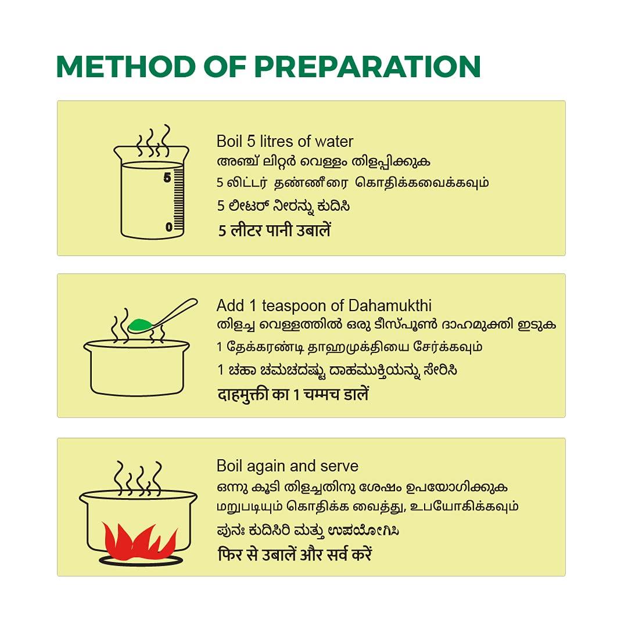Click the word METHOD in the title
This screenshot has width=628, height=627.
coord(125,66)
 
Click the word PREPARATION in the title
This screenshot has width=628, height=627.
coord(367,66)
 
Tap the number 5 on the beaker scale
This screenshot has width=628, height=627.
coord(167,178)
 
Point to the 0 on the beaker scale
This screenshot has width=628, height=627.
coord(169,227)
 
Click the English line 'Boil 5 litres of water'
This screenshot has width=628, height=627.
coord(285,142)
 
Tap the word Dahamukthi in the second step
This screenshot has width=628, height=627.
coord(390,306)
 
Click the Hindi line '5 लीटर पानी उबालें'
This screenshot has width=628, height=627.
coord(274,230)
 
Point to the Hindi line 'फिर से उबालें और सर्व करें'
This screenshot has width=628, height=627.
coord(295,554)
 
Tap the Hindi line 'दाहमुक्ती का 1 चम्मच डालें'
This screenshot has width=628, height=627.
coord(293,395)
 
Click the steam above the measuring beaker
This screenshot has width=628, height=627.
coord(153,141)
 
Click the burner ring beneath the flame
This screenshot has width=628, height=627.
coord(141,561)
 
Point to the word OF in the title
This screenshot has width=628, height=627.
coord(224,66)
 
